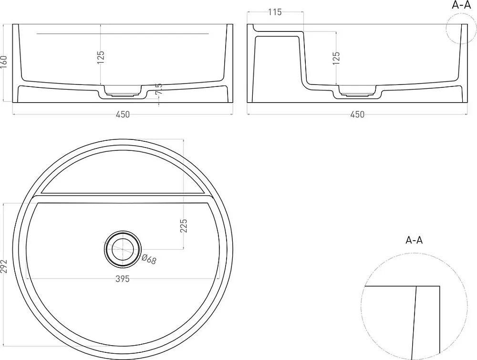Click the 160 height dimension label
point(4,63)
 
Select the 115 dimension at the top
point(275,12)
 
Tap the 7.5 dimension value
point(158,89)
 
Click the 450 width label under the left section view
point(123,114)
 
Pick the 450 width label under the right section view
point(357,114)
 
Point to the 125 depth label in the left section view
point(101,57)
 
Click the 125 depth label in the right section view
point(336,58)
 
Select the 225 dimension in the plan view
point(184,226)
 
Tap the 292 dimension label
point(4,266)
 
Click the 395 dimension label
point(123,279)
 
